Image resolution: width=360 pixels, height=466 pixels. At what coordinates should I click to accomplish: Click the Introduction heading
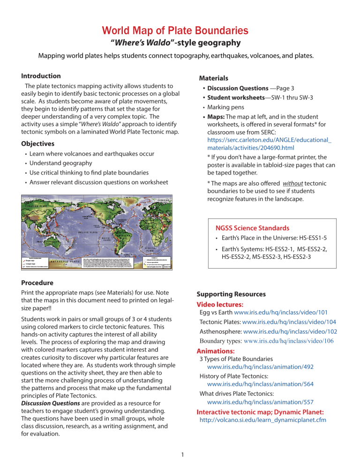[x=41, y=76]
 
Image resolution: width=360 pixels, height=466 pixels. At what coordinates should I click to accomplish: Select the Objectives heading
[x=38, y=143]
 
